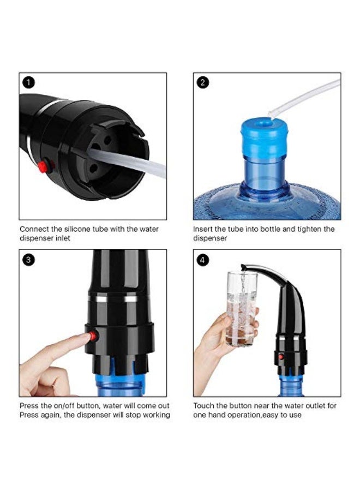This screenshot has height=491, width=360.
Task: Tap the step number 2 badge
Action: pyautogui.click(x=203, y=83)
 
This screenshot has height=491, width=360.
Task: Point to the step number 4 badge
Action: pyautogui.click(x=203, y=260)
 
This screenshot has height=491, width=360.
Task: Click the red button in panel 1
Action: pyautogui.click(x=43, y=166)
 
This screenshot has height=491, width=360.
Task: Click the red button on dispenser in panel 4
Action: pyautogui.click(x=281, y=357)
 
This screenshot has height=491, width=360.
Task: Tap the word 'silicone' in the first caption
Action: pyautogui.click(x=80, y=229)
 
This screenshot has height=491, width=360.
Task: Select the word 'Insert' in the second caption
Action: pyautogui.click(x=203, y=229)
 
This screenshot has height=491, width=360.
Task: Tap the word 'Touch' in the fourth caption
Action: pyautogui.click(x=204, y=406)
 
